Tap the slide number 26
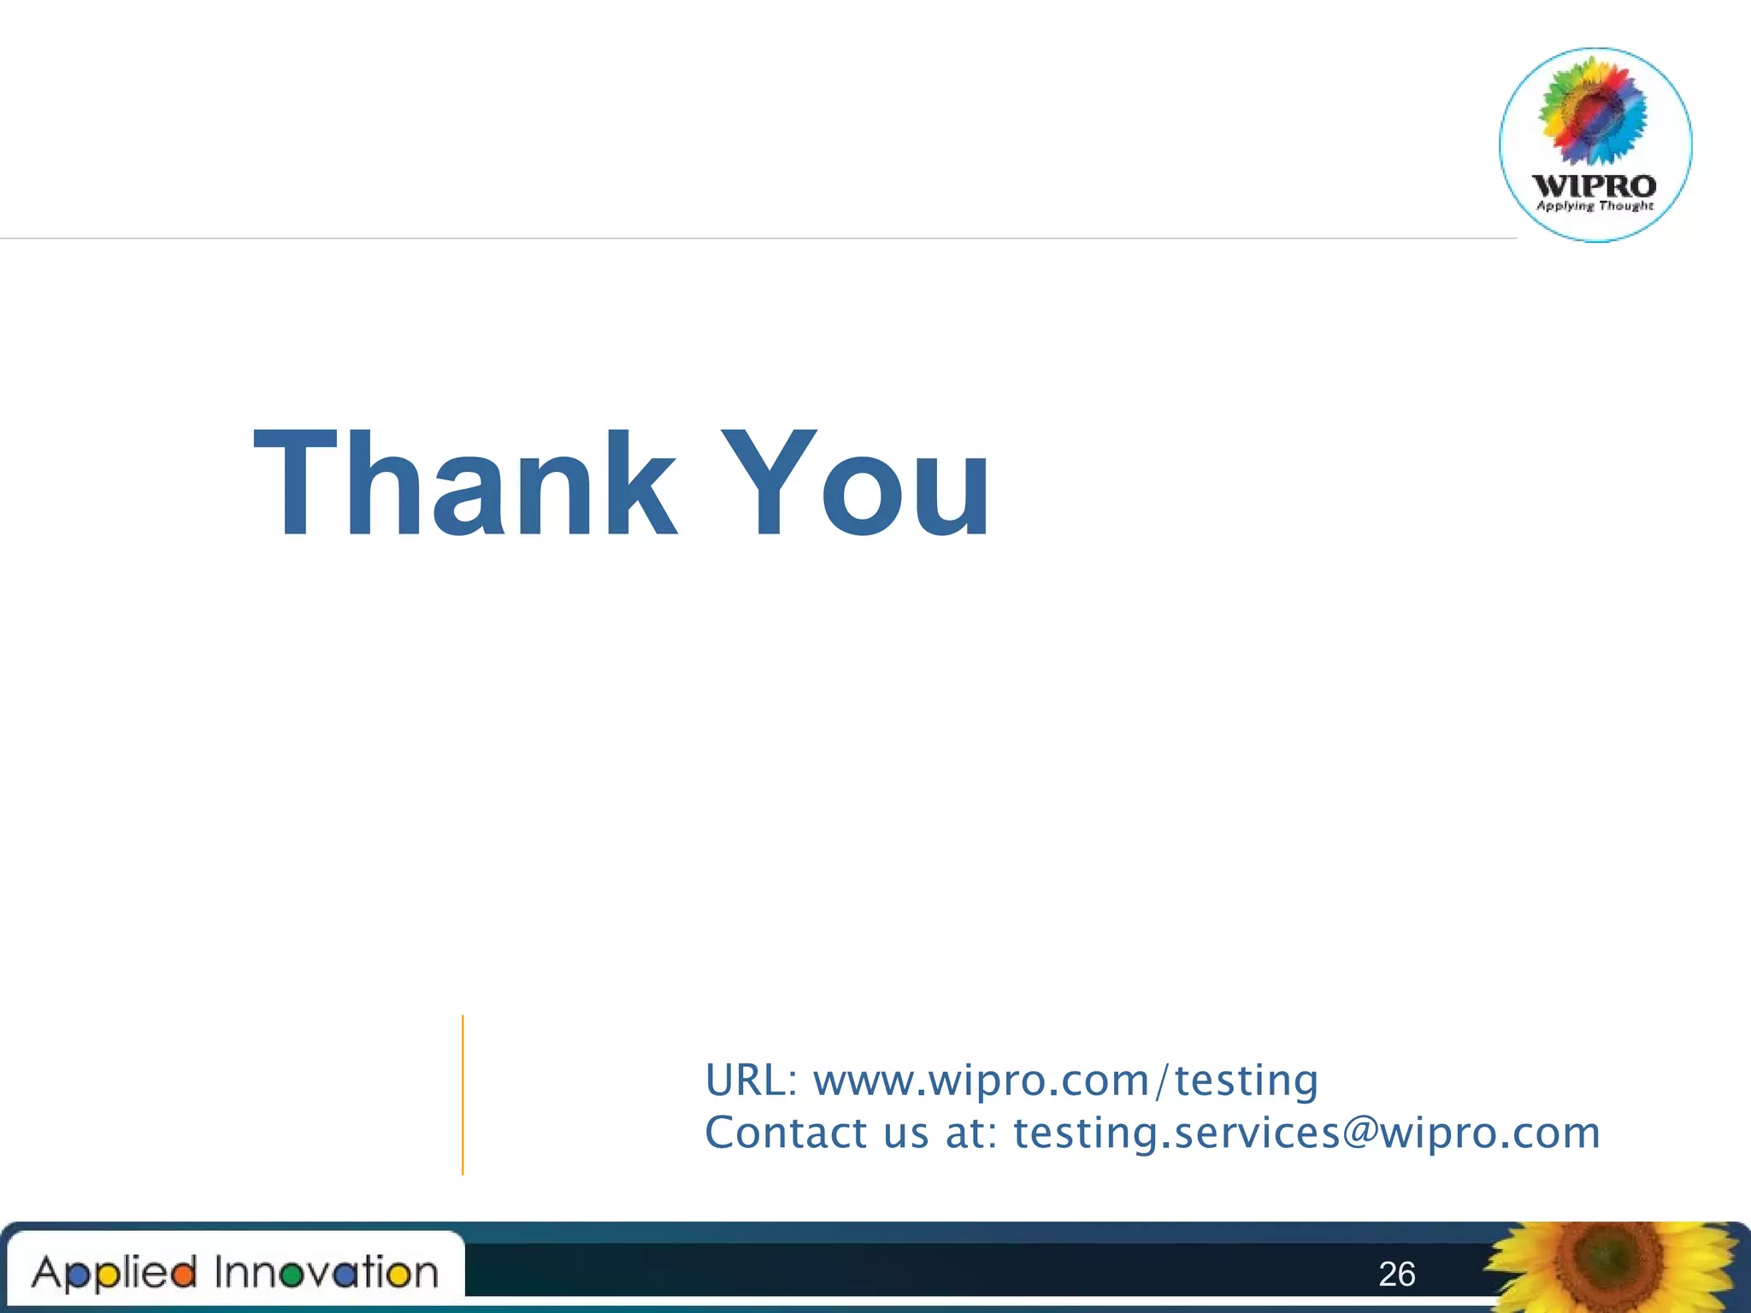[x=1396, y=1275]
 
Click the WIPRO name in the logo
[x=1595, y=185]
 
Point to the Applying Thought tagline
[x=1595, y=206]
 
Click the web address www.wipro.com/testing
[x=1065, y=1080]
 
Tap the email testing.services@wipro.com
[x=1306, y=1133]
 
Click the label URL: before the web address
[x=751, y=1080]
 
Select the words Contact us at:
[x=851, y=1133]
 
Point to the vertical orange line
[x=463, y=1094]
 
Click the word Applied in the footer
[x=115, y=1273]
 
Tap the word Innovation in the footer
[x=326, y=1273]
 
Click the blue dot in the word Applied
[x=77, y=1276]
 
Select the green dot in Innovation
[x=292, y=1276]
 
